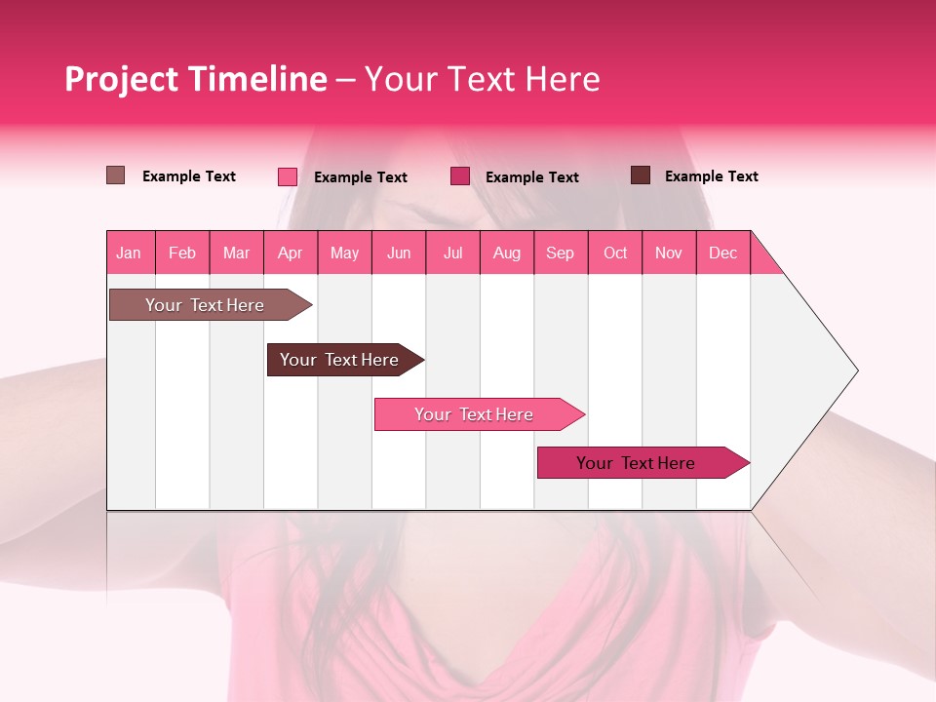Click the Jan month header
pos(130,253)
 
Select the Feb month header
pos(182,253)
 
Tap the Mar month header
pos(236,253)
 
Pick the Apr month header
pos(291,253)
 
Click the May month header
pos(344,253)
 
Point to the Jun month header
pos(399,253)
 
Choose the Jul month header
pos(452,253)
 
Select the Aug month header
pos(507,253)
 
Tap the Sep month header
pos(561,253)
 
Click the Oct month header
pos(615,253)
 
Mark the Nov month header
pos(669,253)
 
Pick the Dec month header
pos(723,253)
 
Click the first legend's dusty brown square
pos(116,175)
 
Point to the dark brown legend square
pos(641,175)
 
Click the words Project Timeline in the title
pos(196,79)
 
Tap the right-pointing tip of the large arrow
pos(855,370)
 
